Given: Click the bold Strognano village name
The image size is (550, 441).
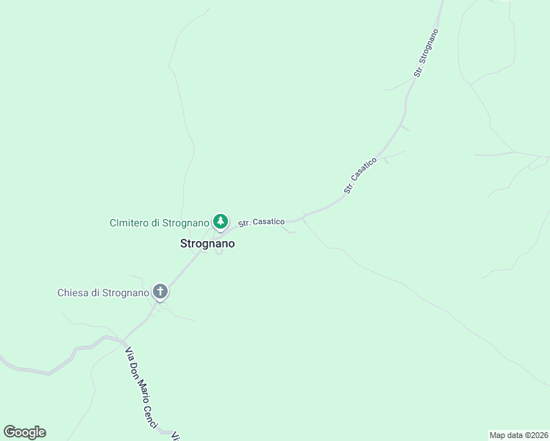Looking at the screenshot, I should pos(207,243).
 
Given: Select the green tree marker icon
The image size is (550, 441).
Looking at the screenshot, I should pos(220,220).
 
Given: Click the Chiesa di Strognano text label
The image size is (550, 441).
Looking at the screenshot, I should pos(103,293).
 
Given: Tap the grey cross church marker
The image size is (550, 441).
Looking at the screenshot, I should pos(160,292).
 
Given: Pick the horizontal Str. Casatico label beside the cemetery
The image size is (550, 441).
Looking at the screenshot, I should pos(261,221).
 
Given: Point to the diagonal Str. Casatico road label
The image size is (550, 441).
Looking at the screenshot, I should pos(360,176).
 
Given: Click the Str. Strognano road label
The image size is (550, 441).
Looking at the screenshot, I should pos(426,53).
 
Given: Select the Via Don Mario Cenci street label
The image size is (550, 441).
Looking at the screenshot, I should pos(141,388).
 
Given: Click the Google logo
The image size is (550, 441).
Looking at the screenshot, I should pos(24,432).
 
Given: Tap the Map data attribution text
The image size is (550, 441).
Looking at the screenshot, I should pos(518,435).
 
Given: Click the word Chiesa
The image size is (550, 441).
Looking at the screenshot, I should pos(74,293).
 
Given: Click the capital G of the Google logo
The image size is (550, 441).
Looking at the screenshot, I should pos(10,432).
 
